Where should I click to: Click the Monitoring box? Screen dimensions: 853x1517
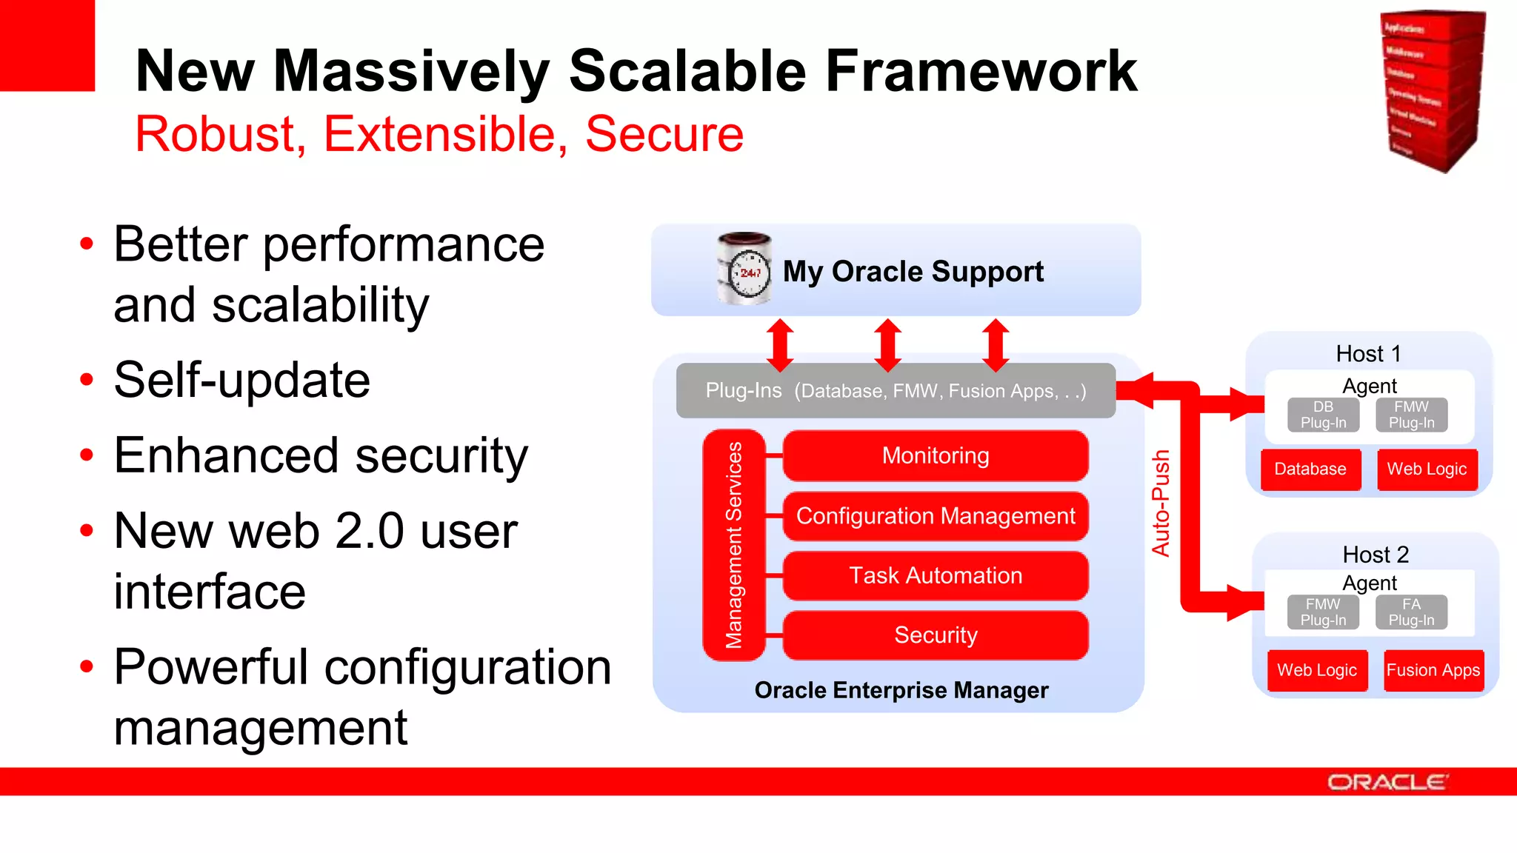(935, 455)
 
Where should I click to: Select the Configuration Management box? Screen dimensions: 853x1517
(935, 516)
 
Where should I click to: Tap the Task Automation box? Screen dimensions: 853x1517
(935, 575)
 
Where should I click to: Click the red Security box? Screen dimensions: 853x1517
(935, 635)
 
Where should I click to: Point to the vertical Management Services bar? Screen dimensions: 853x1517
(733, 545)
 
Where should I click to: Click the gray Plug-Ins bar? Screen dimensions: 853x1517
(895, 390)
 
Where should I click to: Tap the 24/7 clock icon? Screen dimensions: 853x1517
(744, 270)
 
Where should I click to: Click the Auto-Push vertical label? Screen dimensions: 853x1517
(1160, 504)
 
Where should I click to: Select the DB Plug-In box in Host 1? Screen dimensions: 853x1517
(1323, 415)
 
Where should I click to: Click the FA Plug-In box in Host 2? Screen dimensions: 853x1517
(1411, 612)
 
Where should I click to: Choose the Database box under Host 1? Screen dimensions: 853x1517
(1310, 469)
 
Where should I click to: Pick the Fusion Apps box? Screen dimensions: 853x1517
(1433, 670)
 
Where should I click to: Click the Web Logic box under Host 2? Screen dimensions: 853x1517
(1316, 670)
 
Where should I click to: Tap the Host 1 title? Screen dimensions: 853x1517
(1368, 354)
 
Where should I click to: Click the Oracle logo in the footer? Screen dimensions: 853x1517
(1387, 783)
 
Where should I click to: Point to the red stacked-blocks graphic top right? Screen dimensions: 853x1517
(1433, 90)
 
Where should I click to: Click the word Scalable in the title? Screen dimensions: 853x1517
(687, 71)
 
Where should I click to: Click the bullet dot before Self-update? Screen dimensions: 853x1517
(87, 380)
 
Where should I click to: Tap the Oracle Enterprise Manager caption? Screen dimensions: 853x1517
(901, 690)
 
